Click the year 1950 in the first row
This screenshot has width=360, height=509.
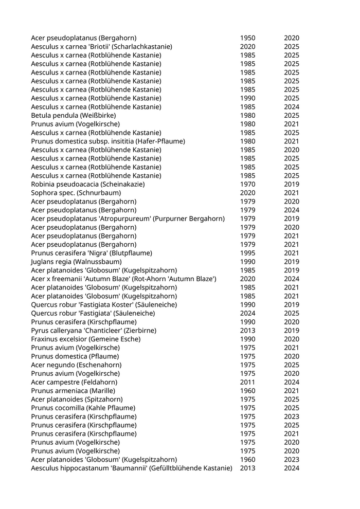click(x=247, y=38)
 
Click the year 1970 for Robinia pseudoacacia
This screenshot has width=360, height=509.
click(x=247, y=184)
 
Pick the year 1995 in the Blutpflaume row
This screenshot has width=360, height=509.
click(x=247, y=253)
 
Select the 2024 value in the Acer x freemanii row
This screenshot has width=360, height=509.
click(x=292, y=279)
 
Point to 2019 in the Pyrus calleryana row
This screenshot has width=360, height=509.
click(x=292, y=330)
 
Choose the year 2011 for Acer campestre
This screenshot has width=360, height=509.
click(x=247, y=382)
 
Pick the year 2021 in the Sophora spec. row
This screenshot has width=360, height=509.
click(x=292, y=193)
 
